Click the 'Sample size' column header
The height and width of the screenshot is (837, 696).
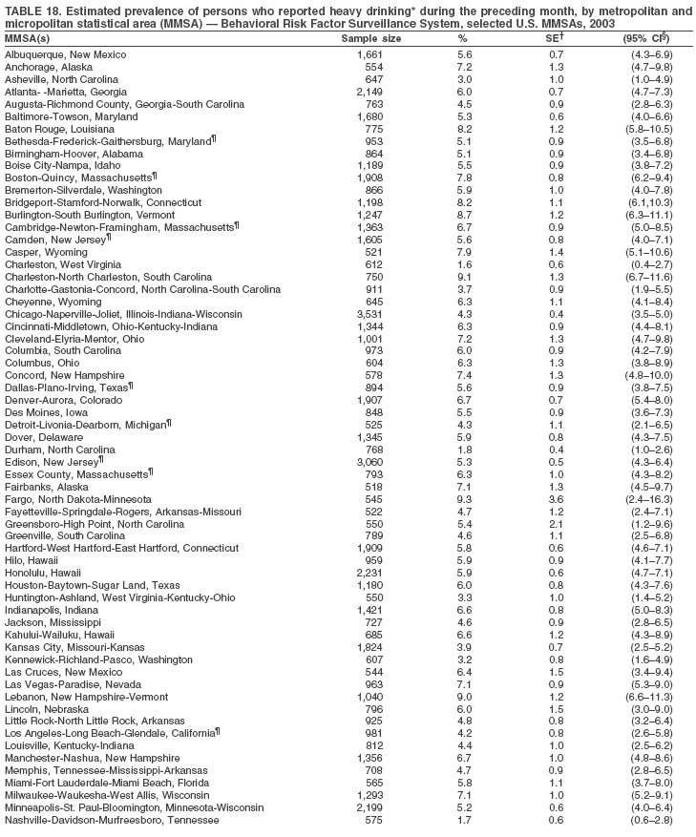coord(371,38)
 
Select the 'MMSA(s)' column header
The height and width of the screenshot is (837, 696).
coord(28,38)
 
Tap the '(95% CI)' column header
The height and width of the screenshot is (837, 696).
coord(644,38)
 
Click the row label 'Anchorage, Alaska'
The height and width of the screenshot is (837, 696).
coord(44,68)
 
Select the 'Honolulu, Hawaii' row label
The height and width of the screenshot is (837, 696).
coord(41,573)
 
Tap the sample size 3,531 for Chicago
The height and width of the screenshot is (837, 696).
coord(369,313)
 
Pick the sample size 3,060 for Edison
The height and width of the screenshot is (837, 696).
coord(369,462)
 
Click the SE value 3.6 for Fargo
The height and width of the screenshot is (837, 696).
coord(553,499)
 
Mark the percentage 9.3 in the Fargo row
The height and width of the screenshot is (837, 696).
coord(464,499)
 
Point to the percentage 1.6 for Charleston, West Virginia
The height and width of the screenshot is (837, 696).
coord(464,263)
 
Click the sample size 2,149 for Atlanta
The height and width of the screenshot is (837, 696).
coord(369,92)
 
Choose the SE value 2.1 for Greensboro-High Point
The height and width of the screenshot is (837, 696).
coord(553,524)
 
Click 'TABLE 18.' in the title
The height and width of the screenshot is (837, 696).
coord(33,11)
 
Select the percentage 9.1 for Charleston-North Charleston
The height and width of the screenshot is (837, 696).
coord(464,276)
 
